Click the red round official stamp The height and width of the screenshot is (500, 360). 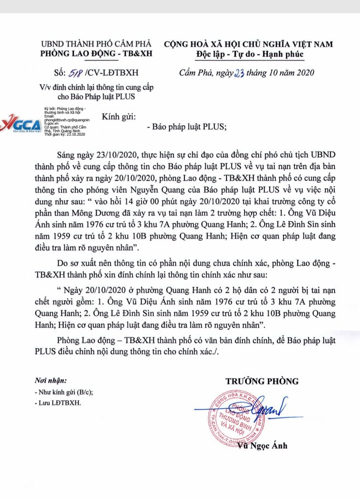click(230, 419)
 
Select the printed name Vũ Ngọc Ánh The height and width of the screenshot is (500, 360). click(262, 445)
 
